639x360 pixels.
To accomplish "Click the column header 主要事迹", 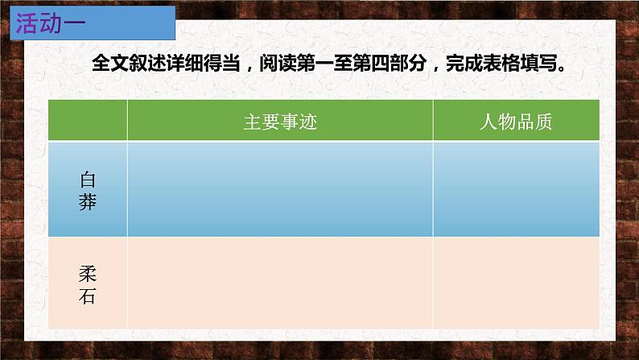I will point(280,122).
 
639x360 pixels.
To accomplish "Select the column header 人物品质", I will point(515,122).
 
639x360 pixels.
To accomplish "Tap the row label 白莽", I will point(88,190).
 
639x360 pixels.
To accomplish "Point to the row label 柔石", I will point(88,283).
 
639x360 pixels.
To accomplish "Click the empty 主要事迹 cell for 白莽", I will point(280,190).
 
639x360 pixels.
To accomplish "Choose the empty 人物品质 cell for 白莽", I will point(515,190).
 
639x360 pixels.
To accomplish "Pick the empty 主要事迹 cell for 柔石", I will point(280,283).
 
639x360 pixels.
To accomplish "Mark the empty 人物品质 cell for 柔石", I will point(515,283).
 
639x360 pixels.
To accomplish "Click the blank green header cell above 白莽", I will point(88,122).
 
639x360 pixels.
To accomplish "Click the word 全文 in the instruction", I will point(109,64).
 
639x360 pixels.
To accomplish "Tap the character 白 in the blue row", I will point(88,179).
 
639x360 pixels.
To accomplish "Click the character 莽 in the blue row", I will point(88,202).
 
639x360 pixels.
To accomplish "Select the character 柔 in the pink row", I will point(88,272).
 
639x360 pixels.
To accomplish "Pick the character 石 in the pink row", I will point(88,296).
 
